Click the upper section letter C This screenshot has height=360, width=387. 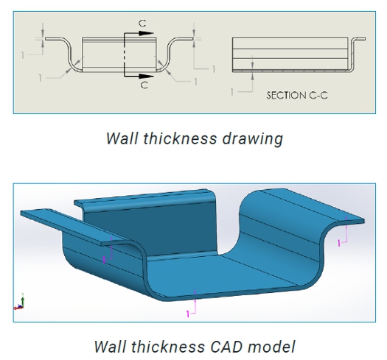click(x=142, y=24)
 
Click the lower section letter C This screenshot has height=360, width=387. click(x=144, y=85)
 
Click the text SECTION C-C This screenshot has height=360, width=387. click(x=297, y=96)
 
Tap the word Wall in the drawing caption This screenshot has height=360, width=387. click(x=122, y=138)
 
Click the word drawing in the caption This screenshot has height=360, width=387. click(x=252, y=139)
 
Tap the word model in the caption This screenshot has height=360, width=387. click(x=271, y=347)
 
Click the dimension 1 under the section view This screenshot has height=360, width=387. click(x=231, y=92)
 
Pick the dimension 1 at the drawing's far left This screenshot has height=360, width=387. click(x=23, y=55)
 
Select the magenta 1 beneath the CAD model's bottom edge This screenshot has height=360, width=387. click(x=188, y=314)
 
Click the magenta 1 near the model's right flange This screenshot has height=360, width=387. click(x=339, y=243)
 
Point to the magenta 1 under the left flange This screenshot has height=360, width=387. click(x=104, y=259)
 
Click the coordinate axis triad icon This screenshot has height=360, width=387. click(x=19, y=302)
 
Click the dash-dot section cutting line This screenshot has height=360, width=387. click(x=125, y=54)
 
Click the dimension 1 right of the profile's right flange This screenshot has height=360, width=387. click(x=214, y=69)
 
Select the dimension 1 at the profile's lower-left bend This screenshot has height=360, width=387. click(x=41, y=78)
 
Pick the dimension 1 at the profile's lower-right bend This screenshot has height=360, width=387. click(x=195, y=82)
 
